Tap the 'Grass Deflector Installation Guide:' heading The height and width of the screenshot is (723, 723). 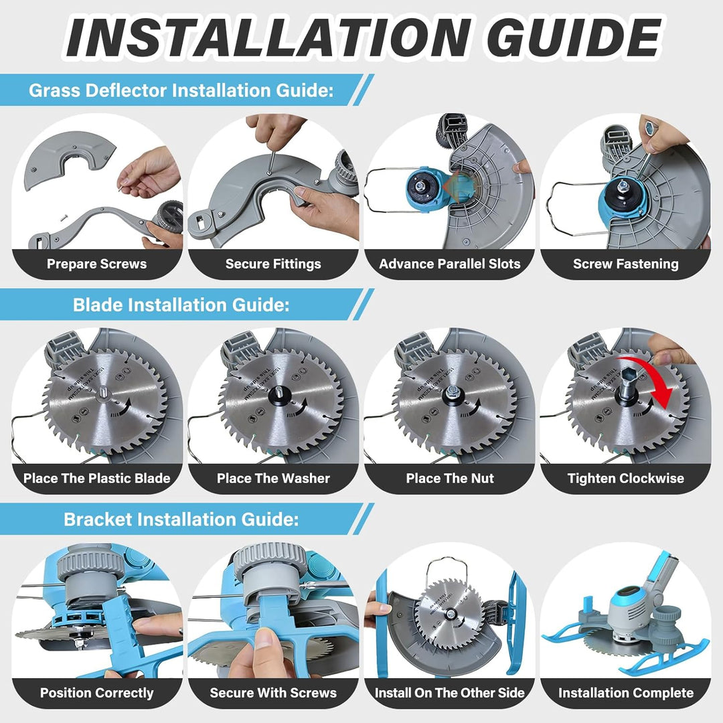click(x=181, y=90)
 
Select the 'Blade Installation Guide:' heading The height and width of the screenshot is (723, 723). click(x=181, y=305)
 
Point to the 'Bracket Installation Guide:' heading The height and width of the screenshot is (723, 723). click(x=181, y=519)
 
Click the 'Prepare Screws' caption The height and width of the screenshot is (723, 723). click(x=97, y=264)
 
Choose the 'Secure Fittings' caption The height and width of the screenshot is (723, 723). click(x=273, y=264)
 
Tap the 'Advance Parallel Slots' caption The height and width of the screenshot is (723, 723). click(x=450, y=264)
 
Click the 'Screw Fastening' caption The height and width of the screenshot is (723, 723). click(x=626, y=264)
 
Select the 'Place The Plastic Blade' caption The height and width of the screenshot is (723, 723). click(x=97, y=478)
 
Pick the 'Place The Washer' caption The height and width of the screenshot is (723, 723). click(x=273, y=478)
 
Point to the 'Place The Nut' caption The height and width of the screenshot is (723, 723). click(x=450, y=478)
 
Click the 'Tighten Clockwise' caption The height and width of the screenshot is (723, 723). click(x=626, y=478)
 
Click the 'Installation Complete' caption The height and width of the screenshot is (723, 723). click(x=626, y=693)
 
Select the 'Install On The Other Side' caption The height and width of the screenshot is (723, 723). click(x=450, y=693)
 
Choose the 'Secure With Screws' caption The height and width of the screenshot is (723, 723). click(x=273, y=693)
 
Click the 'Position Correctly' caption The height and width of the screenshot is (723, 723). click(x=97, y=693)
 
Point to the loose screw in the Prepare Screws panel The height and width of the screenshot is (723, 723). click(x=64, y=216)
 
